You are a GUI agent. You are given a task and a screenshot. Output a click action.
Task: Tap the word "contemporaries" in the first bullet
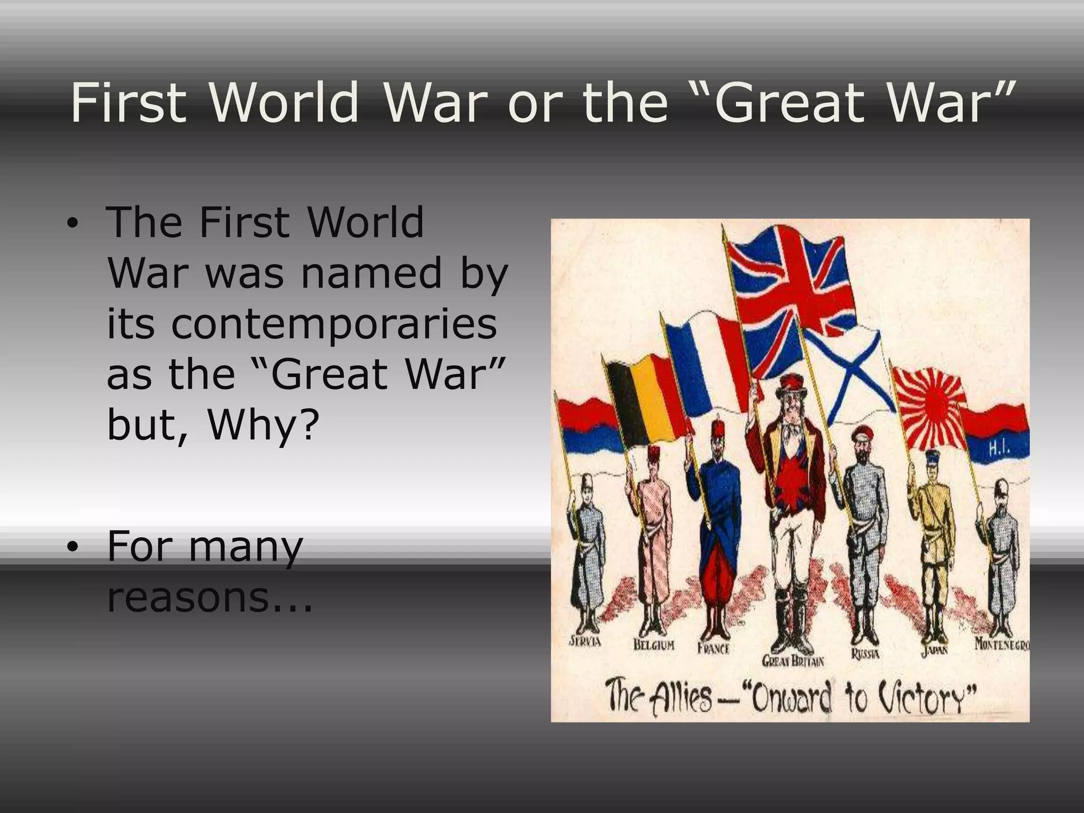pos(302,323)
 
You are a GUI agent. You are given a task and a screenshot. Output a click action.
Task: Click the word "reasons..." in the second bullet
pos(210,597)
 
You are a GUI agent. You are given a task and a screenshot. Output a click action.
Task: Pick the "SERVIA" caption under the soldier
pos(585,642)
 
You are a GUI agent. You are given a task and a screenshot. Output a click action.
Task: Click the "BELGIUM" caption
pos(654,645)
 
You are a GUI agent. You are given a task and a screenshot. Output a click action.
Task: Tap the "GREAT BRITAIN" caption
pos(792,661)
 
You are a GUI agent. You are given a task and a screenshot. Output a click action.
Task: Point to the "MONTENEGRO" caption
pos(1001,645)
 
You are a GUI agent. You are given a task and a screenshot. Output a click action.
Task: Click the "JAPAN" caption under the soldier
pos(934,649)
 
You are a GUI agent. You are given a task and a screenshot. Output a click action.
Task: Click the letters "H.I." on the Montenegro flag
pos(999,449)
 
